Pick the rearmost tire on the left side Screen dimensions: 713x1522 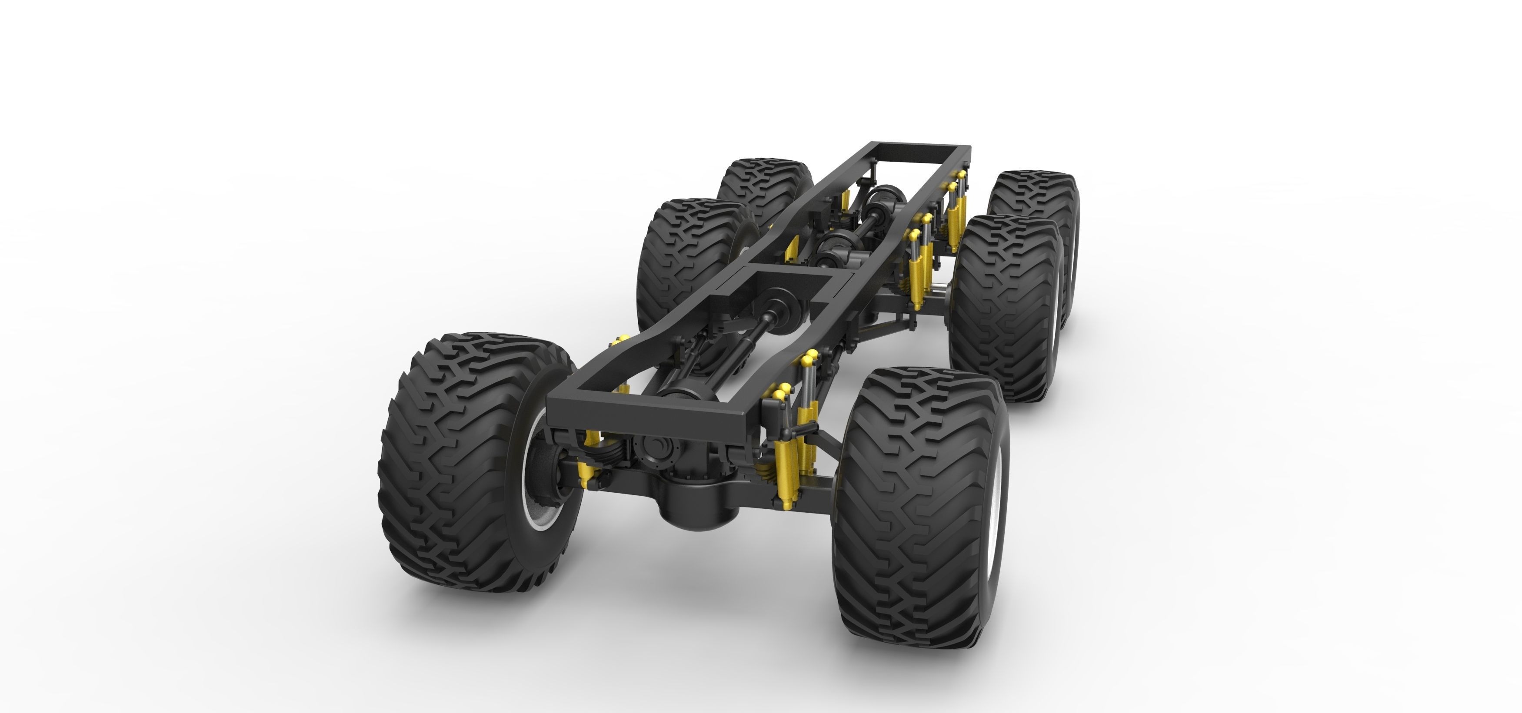pos(762,189)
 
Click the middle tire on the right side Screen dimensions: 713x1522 pos(999,307)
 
